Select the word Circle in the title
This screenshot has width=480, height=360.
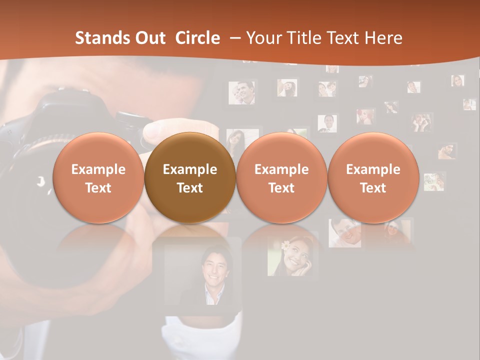pos(197,38)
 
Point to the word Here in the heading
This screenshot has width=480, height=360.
pos(384,38)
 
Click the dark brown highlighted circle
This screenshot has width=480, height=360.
pos(190,178)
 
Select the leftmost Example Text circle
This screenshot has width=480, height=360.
pos(98,178)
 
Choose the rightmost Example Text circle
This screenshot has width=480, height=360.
pos(373,178)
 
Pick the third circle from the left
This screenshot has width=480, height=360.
pos(281,178)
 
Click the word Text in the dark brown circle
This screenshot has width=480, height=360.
pos(190,188)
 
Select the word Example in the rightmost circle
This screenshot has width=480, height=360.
pos(373,169)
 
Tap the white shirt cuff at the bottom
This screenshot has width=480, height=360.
pos(200,335)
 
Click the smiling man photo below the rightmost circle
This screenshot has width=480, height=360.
pos(344,233)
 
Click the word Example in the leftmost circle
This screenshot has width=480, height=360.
pos(98,169)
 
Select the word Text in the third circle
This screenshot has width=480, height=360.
pos(281,188)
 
